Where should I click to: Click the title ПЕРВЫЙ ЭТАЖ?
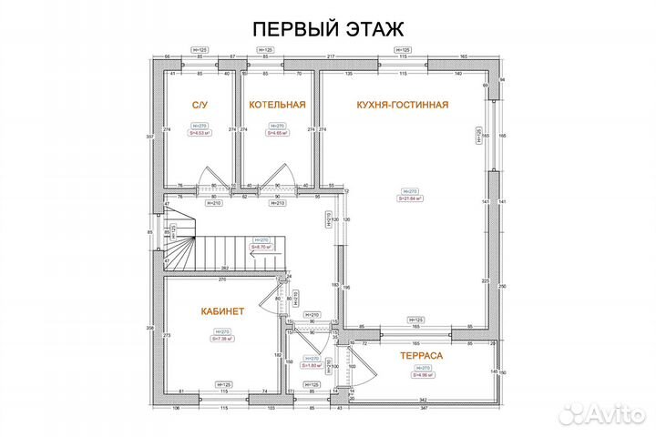(327, 30)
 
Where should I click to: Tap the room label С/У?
(199, 105)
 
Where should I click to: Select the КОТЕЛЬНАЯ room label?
(277, 105)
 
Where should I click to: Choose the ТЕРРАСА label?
(421, 357)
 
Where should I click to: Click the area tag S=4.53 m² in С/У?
(199, 132)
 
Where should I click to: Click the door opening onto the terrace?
(363, 364)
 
